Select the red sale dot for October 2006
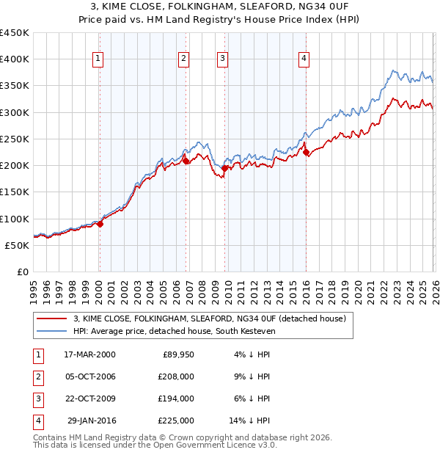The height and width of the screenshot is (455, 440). [x=186, y=161]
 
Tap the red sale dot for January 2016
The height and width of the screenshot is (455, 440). [x=306, y=152]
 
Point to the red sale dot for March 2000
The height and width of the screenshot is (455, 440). [x=100, y=225]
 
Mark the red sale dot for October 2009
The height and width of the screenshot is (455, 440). [x=224, y=168]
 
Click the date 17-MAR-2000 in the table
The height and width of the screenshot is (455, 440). [x=89, y=354]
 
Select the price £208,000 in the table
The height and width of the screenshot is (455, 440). [x=176, y=376]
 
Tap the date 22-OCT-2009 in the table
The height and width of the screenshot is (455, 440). [x=89, y=398]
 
